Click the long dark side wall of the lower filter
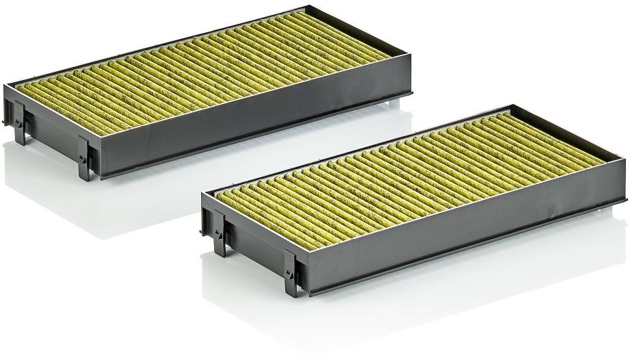(465, 233)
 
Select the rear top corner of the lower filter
(512, 106)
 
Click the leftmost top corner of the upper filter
(5, 86)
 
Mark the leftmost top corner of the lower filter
(203, 194)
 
